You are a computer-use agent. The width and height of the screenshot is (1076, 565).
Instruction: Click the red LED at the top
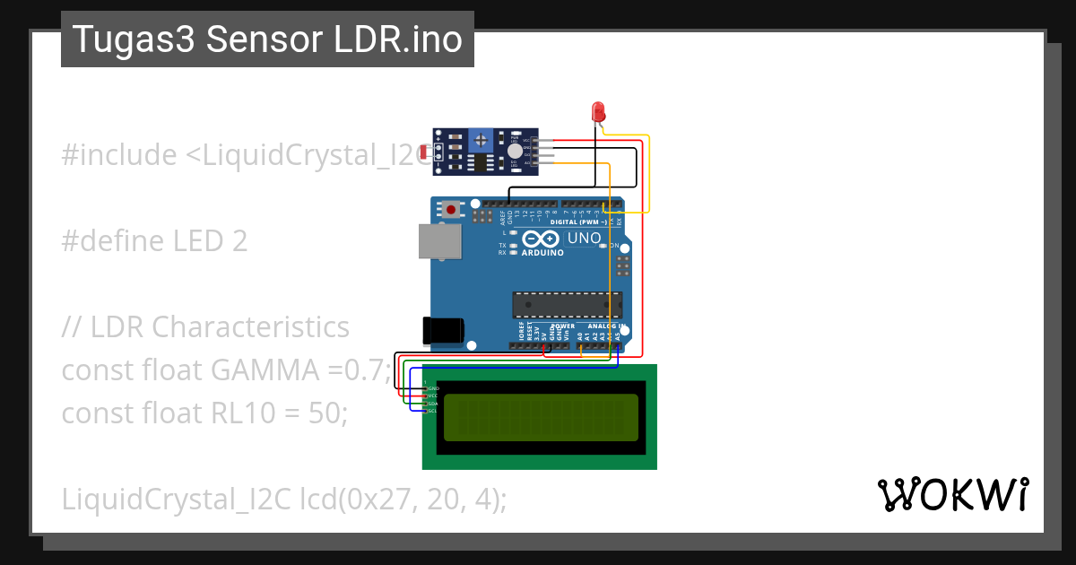click(x=599, y=112)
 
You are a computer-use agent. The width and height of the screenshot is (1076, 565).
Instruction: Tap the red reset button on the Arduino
click(x=451, y=210)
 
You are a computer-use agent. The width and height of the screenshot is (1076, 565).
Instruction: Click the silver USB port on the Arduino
click(x=439, y=241)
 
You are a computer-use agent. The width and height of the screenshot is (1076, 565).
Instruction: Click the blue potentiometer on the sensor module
click(x=482, y=139)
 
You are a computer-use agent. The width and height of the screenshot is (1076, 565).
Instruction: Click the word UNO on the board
click(x=585, y=239)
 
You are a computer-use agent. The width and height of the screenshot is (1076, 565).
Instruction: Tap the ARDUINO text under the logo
click(x=542, y=253)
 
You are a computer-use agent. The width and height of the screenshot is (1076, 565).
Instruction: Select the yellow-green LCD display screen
click(x=540, y=417)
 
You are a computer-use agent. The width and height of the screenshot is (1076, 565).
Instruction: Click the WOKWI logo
click(x=952, y=494)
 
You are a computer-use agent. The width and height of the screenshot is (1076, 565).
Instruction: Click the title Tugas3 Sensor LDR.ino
click(x=267, y=39)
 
